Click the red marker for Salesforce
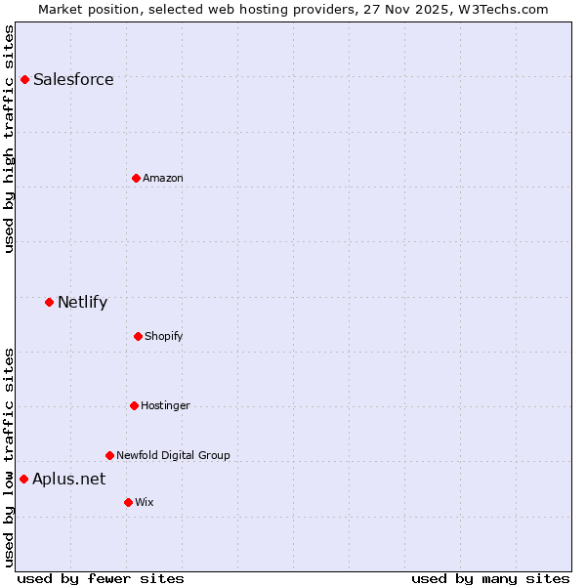[x=24, y=79]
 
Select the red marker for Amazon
[x=136, y=178]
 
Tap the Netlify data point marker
[x=49, y=302]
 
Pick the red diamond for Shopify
[x=138, y=336]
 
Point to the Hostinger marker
[x=134, y=405]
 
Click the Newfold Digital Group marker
[x=109, y=455]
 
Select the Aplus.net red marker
[x=23, y=479]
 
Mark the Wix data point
[x=128, y=502]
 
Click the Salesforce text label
[x=73, y=79]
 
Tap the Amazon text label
[x=163, y=178]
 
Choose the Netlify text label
[x=82, y=302]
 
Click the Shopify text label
[x=164, y=336]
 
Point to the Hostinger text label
[x=165, y=405]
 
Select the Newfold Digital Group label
[x=173, y=455]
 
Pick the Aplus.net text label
[x=68, y=479]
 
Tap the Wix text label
[x=145, y=502]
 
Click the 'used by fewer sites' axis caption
[x=101, y=578]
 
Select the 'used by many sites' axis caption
[x=490, y=578]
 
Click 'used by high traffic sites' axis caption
[x=10, y=139]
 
